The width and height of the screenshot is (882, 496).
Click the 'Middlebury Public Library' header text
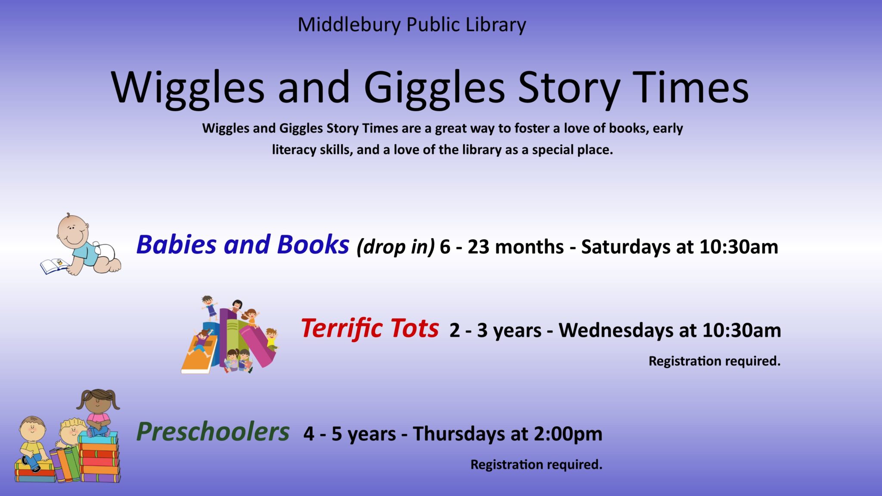coord(412,25)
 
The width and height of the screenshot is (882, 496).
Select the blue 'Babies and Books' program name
coord(242,244)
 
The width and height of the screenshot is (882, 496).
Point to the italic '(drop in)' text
coord(396,247)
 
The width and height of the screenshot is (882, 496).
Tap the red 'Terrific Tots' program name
coord(370,328)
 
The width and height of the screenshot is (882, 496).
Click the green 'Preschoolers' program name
coord(213,432)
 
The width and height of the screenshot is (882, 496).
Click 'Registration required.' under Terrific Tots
coord(714,361)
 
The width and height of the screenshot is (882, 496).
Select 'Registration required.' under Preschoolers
coord(536,465)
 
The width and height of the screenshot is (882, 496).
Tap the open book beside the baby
coord(55,266)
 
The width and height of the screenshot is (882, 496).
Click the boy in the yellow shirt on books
coord(32,443)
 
